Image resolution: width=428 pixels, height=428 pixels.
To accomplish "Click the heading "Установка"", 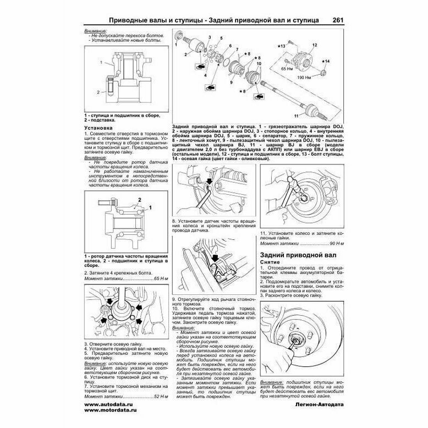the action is point(100,128).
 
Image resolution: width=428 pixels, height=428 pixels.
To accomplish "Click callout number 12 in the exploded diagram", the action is point(315,45).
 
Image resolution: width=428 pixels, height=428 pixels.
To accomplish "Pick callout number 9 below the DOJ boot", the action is point(232,83).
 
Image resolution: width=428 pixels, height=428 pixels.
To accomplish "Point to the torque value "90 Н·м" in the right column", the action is point(333,243).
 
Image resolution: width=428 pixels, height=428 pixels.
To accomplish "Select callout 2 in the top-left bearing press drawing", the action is point(97,92).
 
